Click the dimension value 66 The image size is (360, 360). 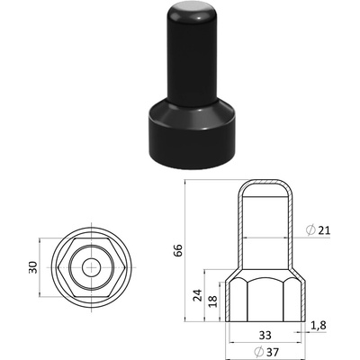click(178, 250)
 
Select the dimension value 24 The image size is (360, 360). click(197, 295)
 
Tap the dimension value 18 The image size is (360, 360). click(212, 301)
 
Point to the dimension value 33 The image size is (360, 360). click(265, 335)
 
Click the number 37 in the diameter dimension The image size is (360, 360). click(272, 351)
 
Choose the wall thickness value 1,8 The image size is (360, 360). click(318, 326)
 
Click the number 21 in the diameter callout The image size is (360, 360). click(324, 230)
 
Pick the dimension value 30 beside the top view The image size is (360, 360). click(33, 267)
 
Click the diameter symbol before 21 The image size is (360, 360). click(310, 230)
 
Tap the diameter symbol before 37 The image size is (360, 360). click(258, 351)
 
